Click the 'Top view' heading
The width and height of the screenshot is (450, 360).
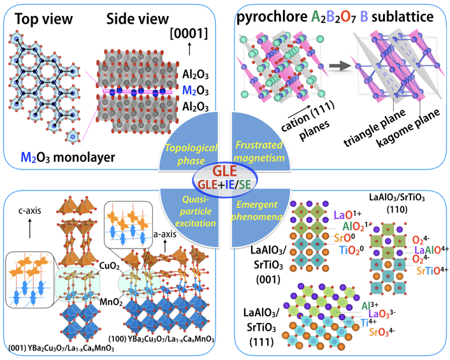[43, 19]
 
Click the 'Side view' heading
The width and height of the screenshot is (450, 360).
[138, 19]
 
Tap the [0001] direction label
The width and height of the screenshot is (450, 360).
[189, 34]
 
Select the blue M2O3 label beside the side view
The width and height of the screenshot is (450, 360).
[196, 90]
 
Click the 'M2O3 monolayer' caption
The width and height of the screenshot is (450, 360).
[68, 157]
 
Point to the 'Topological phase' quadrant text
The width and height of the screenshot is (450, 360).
[191, 154]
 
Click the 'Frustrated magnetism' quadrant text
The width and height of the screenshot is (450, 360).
[259, 151]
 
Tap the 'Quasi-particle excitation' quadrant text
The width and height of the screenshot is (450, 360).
[196, 211]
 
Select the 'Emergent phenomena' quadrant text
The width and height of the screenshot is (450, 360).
[257, 210]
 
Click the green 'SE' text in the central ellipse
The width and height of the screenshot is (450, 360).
[245, 184]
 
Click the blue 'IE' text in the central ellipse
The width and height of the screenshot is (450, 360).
[230, 184]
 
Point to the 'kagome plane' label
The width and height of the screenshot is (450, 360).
[408, 127]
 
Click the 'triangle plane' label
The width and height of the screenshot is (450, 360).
[375, 127]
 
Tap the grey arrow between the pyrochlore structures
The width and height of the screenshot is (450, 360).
[340, 66]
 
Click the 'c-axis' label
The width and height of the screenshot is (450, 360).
[30, 211]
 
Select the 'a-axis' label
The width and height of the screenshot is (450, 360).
[164, 234]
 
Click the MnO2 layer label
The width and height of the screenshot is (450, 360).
[111, 302]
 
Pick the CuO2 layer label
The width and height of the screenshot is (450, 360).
[110, 266]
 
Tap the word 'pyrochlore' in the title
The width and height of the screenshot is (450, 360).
[272, 17]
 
